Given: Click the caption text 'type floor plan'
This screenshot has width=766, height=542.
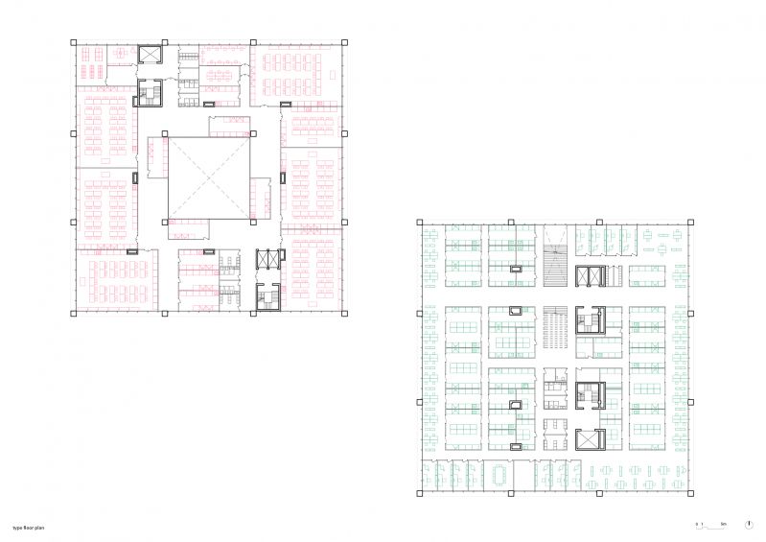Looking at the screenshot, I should point(28,528).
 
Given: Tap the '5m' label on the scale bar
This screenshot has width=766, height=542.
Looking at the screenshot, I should point(724,525).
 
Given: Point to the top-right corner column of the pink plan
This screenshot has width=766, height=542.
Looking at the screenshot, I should point(343,42).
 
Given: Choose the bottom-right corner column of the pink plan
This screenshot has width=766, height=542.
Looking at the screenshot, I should point(343,312).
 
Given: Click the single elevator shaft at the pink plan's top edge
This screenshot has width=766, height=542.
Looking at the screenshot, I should point(151,55).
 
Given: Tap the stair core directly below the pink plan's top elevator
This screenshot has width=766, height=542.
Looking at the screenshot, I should point(151,92).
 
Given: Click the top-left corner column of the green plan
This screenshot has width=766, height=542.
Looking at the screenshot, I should point(419,224).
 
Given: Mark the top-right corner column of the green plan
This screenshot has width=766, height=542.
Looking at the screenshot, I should point(689,224).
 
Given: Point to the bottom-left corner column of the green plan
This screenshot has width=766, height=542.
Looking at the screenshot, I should point(419,495).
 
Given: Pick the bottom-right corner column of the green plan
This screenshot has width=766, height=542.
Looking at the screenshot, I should point(689,495).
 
